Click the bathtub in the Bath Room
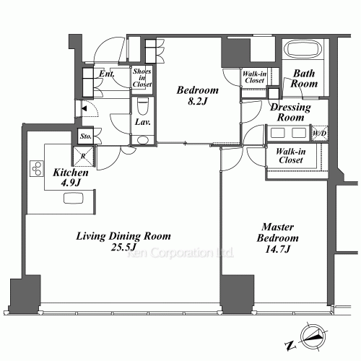point(303,50)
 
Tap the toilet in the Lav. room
point(143,106)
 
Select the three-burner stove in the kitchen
point(37,168)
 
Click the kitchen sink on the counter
point(74,198)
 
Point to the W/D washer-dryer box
point(320,133)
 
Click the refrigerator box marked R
point(83,156)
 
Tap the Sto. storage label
point(86,136)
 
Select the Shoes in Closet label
point(142,78)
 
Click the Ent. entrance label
point(107,74)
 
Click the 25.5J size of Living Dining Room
point(123,247)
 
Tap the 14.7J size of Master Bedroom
point(278,249)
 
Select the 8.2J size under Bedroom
point(198,101)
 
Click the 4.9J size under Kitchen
point(71,183)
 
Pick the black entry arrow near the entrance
point(84,108)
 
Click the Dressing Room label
point(290,112)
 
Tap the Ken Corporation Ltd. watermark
point(180,253)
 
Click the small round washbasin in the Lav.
point(143,140)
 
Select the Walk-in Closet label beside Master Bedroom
point(291,155)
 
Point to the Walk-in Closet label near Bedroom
point(254,77)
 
